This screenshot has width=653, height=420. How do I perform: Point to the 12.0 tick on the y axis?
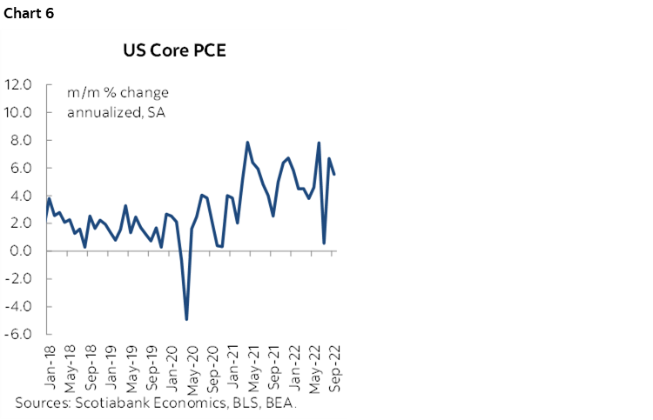click(x=18, y=85)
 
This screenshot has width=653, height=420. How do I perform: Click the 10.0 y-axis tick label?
click(x=18, y=113)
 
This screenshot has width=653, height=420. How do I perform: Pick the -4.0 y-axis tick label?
click(x=19, y=307)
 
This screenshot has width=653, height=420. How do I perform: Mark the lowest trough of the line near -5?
click(x=186, y=319)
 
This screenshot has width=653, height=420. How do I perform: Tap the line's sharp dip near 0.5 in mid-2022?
click(x=325, y=243)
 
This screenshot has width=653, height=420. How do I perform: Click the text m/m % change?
click(x=118, y=93)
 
